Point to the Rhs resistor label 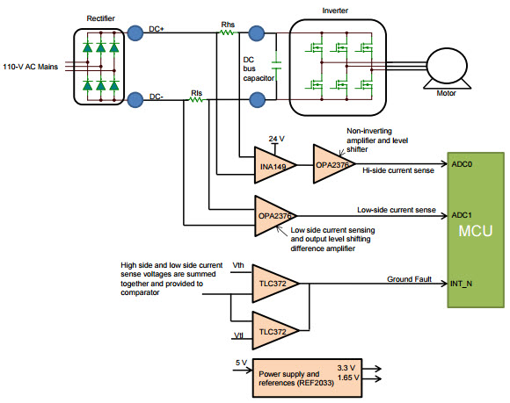pyautogui.click(x=228, y=24)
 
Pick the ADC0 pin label pyautogui.click(x=461, y=163)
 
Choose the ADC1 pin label pyautogui.click(x=461, y=214)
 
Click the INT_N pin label pyautogui.click(x=463, y=284)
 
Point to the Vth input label pyautogui.click(x=237, y=264)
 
